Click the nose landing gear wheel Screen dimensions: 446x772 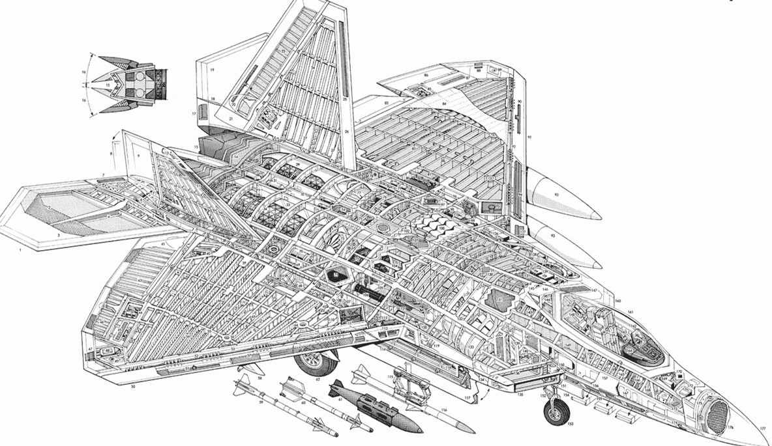click(556, 412)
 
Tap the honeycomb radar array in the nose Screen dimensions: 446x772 click(717, 411)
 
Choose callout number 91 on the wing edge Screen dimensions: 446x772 click(530, 137)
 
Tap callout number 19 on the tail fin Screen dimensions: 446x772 click(212, 68)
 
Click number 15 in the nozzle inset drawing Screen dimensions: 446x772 click(108, 85)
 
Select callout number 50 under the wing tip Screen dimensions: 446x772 click(132, 387)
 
